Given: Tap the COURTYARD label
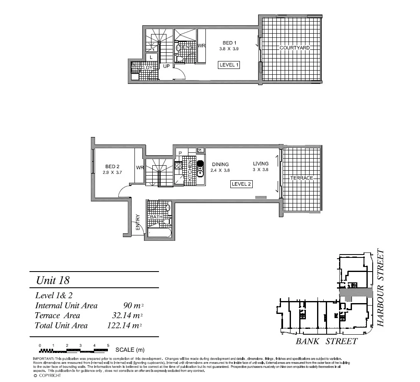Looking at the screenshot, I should pyautogui.click(x=295, y=48).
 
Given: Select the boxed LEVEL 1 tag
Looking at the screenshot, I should pyautogui.click(x=229, y=65).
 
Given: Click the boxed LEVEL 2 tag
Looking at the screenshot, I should pyautogui.click(x=242, y=184).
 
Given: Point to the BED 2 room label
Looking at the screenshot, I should pyautogui.click(x=112, y=167).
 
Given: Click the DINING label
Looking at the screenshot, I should pyautogui.click(x=220, y=164).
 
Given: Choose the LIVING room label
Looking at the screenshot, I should pyautogui.click(x=261, y=164).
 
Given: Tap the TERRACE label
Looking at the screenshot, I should pyautogui.click(x=301, y=178).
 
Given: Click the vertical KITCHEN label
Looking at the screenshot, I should pyautogui.click(x=190, y=169).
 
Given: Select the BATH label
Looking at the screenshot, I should pyautogui.click(x=156, y=217).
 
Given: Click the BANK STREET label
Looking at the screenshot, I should pyautogui.click(x=326, y=341).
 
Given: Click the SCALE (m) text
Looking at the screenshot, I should pyautogui.click(x=130, y=350).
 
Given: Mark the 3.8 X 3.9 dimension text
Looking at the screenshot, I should pyautogui.click(x=229, y=49).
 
